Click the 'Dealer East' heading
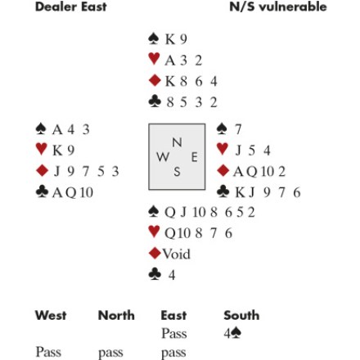tap(71, 7)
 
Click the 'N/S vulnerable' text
tap(278, 7)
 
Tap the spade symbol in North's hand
tap(154, 38)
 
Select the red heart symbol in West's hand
tap(42, 149)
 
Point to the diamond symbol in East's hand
tap(223, 170)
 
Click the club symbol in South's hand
tap(155, 274)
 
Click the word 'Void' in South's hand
tap(177, 254)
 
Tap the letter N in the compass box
tap(177, 142)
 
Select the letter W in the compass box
tap(163, 157)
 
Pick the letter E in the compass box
tap(194, 157)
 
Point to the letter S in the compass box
tap(177, 172)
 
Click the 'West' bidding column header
tap(51, 315)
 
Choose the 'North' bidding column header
tap(116, 315)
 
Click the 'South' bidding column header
tap(241, 315)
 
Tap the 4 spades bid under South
tap(232, 333)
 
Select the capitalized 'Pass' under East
tap(174, 333)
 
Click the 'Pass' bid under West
tap(48, 352)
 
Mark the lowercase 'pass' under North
tap(110, 353)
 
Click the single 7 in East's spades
tap(238, 129)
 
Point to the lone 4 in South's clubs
tap(172, 275)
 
